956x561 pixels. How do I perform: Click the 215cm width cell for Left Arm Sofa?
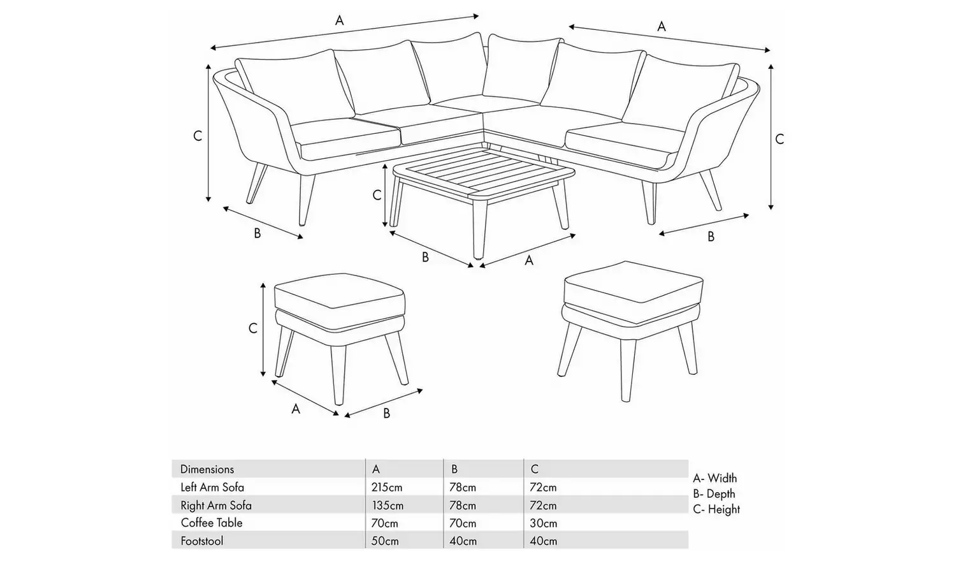pos(387,487)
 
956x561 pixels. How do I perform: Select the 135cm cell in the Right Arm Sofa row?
pos(387,506)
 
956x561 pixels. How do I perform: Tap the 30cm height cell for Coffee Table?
pos(543,523)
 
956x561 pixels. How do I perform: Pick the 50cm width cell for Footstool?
pos(386,541)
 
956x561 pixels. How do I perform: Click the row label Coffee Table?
pos(212,523)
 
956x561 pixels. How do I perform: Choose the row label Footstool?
pos(201,541)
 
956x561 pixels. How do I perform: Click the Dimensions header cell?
pos(207,469)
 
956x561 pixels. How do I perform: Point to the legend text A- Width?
pos(714,478)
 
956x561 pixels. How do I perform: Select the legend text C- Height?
pos(716,509)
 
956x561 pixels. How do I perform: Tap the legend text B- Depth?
pos(714,494)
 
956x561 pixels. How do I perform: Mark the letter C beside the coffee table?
pos(377,195)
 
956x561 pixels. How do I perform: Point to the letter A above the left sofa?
pos(340,20)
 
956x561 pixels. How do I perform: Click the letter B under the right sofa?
pos(711,237)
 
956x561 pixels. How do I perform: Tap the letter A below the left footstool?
pos(296,409)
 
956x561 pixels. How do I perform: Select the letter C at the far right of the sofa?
pos(779,139)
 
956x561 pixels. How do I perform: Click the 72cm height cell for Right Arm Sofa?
pos(543,506)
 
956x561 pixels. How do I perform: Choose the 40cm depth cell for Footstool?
pos(463,541)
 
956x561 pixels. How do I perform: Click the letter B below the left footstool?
pos(386,413)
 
